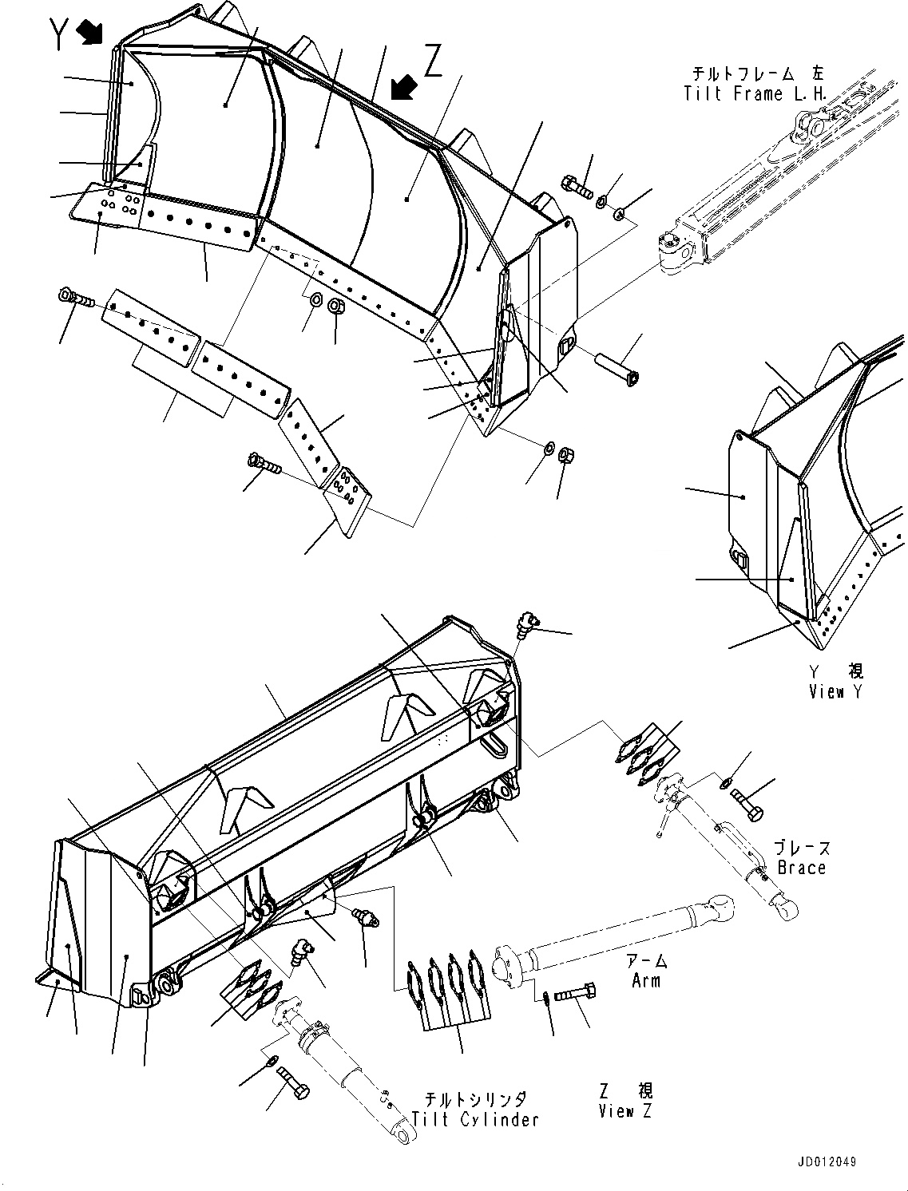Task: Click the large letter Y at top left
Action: [x=58, y=34]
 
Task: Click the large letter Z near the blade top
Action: [x=433, y=61]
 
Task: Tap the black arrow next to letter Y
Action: [x=91, y=31]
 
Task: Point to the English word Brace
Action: [x=801, y=867]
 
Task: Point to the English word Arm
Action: [x=646, y=980]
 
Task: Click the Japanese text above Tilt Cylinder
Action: [x=476, y=1099]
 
